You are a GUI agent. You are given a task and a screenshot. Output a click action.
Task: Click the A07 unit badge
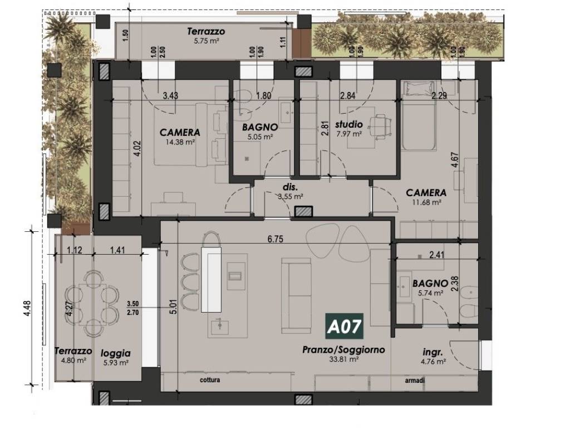pos(344,326)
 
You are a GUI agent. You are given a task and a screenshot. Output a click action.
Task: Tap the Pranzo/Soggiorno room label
pos(343,350)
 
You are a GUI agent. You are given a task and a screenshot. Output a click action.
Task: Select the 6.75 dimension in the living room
pos(275,239)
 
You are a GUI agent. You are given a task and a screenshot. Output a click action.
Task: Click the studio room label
pos(348,125)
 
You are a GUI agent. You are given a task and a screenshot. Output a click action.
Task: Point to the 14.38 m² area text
pos(180,142)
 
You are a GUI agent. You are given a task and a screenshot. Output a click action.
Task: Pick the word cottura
pos(210,380)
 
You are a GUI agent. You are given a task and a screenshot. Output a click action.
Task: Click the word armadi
pos(415,381)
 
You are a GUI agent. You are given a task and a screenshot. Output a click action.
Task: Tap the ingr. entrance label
pos(433,352)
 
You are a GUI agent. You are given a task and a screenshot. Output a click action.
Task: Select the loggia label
pos(116,353)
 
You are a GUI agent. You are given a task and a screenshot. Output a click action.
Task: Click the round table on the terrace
pos(92,303)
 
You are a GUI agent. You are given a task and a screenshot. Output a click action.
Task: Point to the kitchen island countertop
pos(211,279)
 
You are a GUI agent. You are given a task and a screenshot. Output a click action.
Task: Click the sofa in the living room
pos(296,295)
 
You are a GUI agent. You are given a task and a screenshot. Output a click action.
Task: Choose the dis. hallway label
pos(290,188)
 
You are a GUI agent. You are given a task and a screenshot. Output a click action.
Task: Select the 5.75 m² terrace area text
pos(207,41)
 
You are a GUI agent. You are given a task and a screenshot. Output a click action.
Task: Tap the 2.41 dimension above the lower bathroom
pos(436,255)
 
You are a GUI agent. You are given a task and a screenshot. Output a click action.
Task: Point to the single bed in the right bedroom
pos(418,116)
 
